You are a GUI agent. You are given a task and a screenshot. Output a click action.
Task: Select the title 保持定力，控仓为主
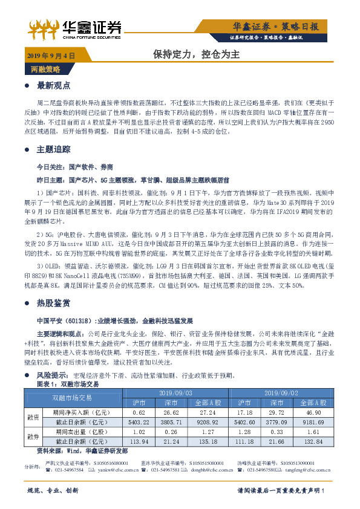point(197,54)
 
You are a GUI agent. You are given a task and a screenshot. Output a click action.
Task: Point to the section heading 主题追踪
point(54,149)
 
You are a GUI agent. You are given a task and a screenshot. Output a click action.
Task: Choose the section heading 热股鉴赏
point(54,302)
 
